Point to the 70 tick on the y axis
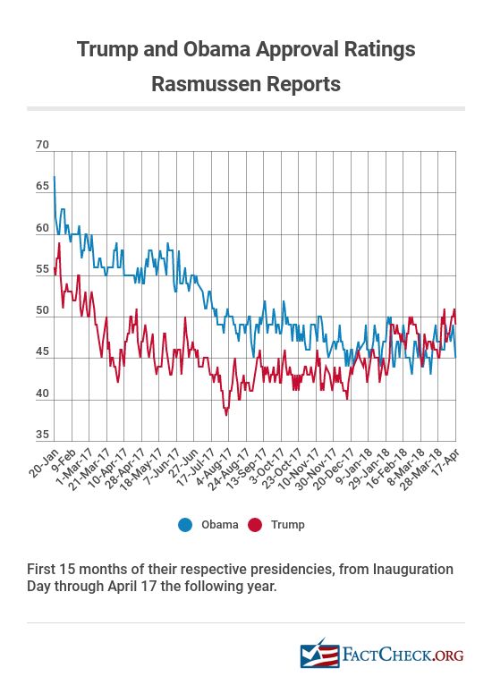coord(42,145)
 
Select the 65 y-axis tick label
coord(42,186)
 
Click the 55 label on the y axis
coord(42,269)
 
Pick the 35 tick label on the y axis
coord(42,435)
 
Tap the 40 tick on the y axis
coord(42,393)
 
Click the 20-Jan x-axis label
coord(44,462)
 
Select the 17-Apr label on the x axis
coord(446,461)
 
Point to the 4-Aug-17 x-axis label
coord(212,468)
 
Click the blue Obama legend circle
coord(185,525)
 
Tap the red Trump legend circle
coord(255,525)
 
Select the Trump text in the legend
coord(287,525)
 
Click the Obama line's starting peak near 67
coord(55,176)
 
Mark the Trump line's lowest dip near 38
coord(226,415)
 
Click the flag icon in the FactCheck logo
coord(319,654)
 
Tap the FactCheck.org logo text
coord(403,655)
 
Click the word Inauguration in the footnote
coord(413,570)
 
